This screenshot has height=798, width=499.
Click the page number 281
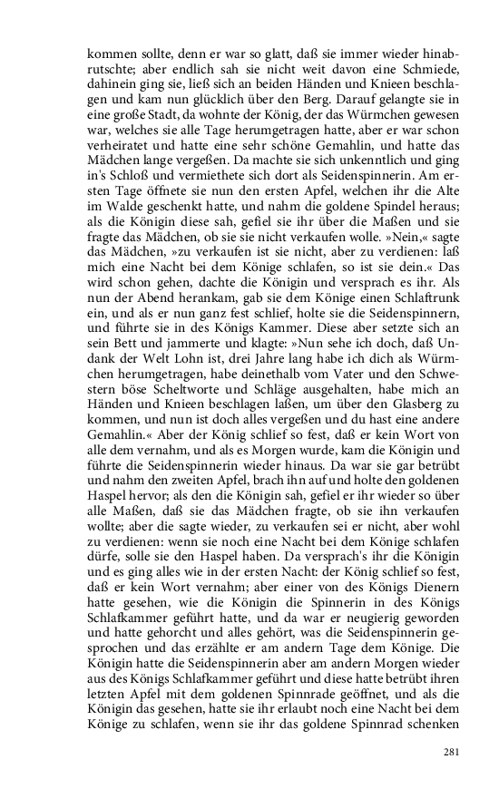[x=453, y=752]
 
